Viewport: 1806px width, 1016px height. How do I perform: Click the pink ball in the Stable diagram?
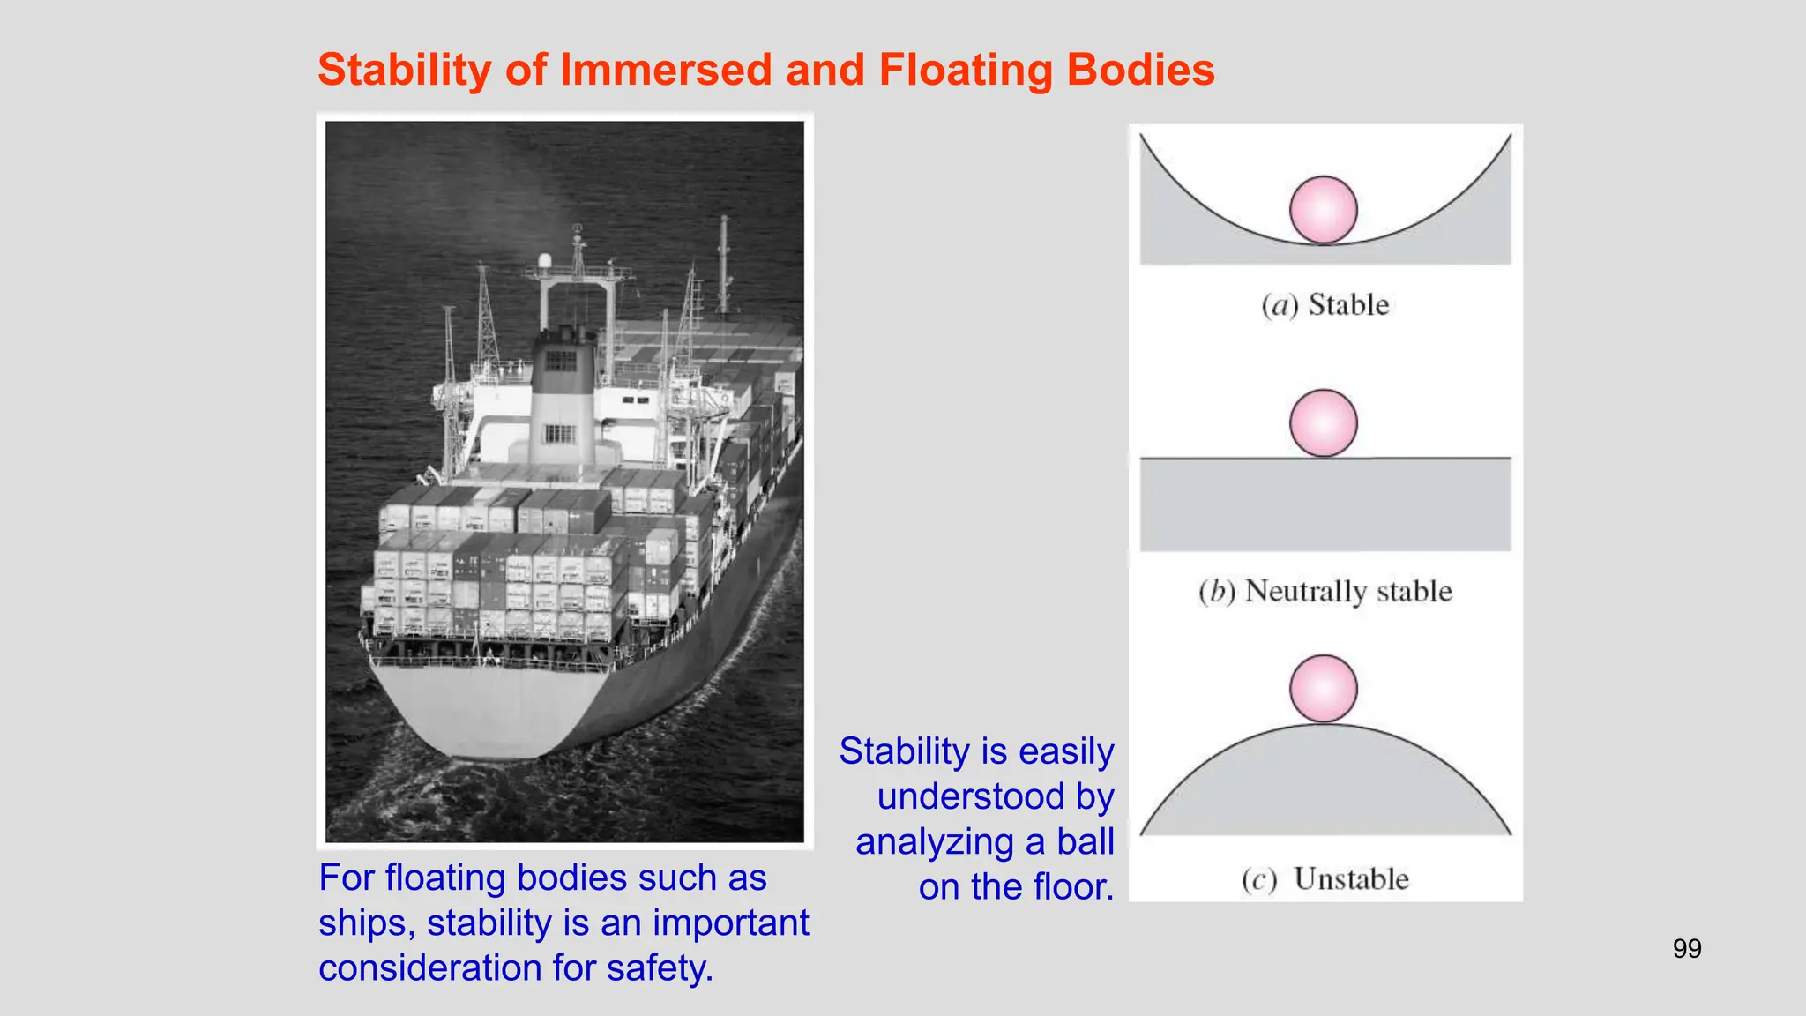[x=1323, y=210]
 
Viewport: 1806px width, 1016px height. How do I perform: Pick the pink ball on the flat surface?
[x=1323, y=423]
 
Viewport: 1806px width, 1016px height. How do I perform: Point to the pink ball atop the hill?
[x=1323, y=689]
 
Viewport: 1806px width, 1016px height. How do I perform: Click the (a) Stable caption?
[x=1325, y=305]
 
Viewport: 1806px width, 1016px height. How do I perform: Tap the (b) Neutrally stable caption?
[x=1325, y=591]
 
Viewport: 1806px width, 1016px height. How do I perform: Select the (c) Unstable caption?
[x=1325, y=879]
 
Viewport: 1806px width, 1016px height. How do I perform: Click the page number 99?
[x=1687, y=949]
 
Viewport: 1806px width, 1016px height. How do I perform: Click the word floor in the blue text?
[x=1063, y=886]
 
